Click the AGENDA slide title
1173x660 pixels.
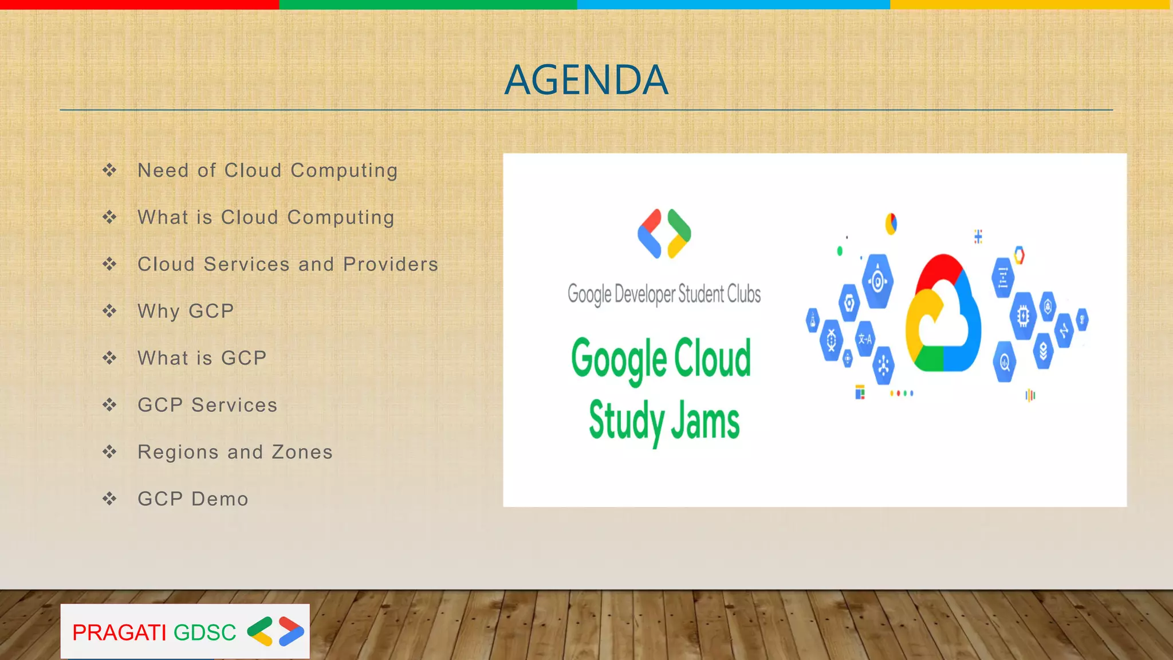point(586,80)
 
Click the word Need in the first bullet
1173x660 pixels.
point(163,170)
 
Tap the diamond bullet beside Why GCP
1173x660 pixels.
point(109,311)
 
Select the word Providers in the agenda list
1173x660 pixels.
point(391,264)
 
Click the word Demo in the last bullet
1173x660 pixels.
point(220,499)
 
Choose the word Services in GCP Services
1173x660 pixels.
point(234,405)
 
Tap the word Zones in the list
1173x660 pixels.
point(302,452)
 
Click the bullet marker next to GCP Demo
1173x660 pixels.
point(109,499)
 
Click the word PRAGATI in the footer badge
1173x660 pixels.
point(119,632)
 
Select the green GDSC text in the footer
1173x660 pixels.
point(204,632)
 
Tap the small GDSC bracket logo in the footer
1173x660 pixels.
point(275,631)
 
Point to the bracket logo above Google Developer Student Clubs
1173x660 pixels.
point(664,234)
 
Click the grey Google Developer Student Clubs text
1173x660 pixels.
point(664,294)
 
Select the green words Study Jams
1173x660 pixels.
point(664,421)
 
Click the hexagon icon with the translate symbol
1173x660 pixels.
point(864,339)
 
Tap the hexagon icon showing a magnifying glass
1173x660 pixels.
point(1004,362)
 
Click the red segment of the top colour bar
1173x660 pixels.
point(139,5)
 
